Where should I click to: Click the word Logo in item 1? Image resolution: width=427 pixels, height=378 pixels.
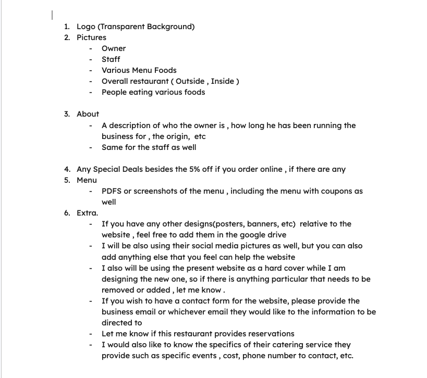click(x=86, y=27)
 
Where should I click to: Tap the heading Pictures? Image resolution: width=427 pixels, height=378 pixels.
click(x=91, y=37)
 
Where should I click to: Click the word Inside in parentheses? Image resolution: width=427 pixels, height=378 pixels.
click(x=223, y=81)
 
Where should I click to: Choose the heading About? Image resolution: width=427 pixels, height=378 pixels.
click(x=88, y=114)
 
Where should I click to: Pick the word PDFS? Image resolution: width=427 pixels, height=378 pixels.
click(x=112, y=191)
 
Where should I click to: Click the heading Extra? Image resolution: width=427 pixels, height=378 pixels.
click(x=87, y=213)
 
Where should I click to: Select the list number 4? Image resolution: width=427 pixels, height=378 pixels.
click(x=67, y=169)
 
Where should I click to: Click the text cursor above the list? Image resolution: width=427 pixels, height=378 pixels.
click(x=52, y=15)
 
